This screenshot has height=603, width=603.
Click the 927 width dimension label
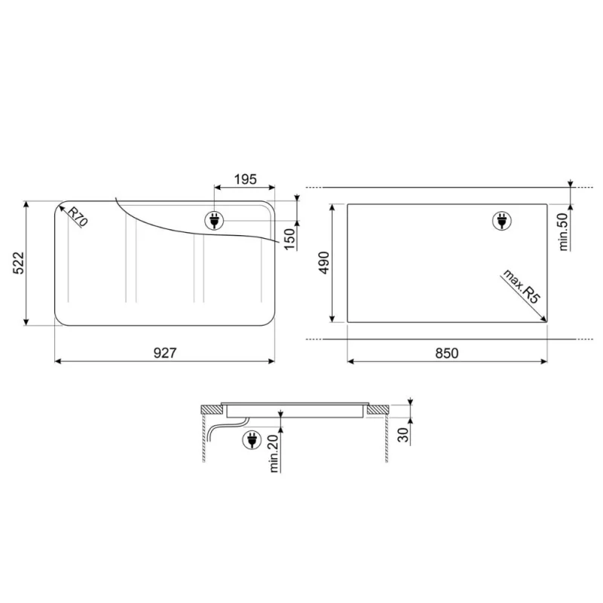click(x=164, y=353)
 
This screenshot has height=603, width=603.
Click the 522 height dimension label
click(x=18, y=263)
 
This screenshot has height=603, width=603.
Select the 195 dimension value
click(x=246, y=179)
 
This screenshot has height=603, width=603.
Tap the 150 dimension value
click(x=290, y=239)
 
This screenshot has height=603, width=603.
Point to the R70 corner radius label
click(x=78, y=216)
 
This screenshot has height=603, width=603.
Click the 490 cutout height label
click(x=324, y=262)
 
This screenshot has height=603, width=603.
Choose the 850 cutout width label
click(x=447, y=353)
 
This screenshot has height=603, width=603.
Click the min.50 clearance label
click(x=563, y=232)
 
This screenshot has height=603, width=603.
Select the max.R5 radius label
click(x=522, y=287)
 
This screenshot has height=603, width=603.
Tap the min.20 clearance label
click(x=274, y=454)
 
